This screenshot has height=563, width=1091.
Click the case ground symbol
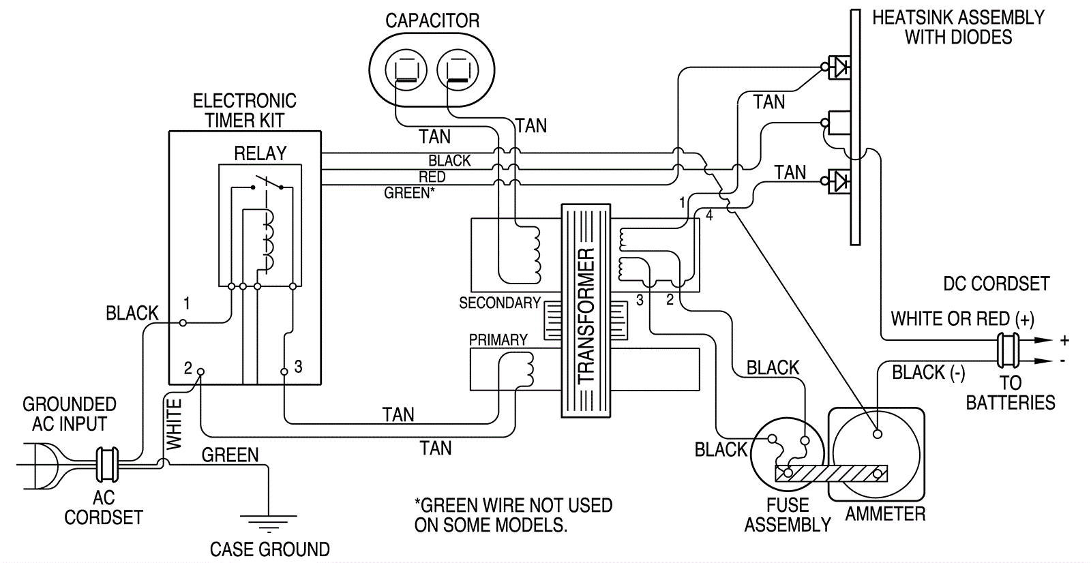[269, 523]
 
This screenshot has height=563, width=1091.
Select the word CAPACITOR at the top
[432, 21]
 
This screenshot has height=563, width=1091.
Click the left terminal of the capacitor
[406, 70]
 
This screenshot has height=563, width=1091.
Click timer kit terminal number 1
[183, 322]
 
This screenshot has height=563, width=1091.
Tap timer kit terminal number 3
[284, 371]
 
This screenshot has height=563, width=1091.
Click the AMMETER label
[885, 514]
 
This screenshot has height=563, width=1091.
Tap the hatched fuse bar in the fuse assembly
[832, 472]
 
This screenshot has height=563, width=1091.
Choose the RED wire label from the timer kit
[432, 177]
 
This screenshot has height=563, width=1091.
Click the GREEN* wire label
[408, 194]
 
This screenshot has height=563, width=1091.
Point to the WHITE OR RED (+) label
[962, 319]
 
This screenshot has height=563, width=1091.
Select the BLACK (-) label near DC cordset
[928, 373]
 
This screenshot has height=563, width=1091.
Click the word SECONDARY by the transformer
[499, 303]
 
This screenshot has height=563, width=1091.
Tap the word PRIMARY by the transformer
[498, 339]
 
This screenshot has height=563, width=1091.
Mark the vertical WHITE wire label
[175, 425]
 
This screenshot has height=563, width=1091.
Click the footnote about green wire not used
[513, 515]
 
